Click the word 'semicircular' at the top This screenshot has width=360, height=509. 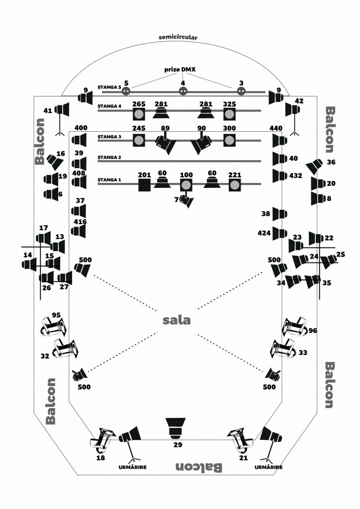point(178,37)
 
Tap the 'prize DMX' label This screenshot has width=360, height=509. point(180,70)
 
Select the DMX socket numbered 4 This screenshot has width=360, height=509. point(183,91)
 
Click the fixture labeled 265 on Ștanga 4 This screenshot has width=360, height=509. point(139,114)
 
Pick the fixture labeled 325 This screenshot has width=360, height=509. point(230,114)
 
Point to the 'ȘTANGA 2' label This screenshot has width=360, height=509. point(109,158)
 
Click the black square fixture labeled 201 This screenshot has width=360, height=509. point(145,185)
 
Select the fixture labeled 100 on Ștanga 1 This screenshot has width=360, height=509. point(186,185)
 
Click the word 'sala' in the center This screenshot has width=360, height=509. point(176,320)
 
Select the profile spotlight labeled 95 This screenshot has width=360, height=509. point(54,327)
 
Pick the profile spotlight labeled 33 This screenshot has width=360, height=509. point(283,349)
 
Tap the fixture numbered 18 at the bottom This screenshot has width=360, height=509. point(102,440)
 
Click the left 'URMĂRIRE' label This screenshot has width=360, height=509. point(132,467)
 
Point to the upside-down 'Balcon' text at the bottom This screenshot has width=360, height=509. point(199,467)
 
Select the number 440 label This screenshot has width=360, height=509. point(276,128)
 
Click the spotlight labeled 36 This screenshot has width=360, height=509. point(314,166)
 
